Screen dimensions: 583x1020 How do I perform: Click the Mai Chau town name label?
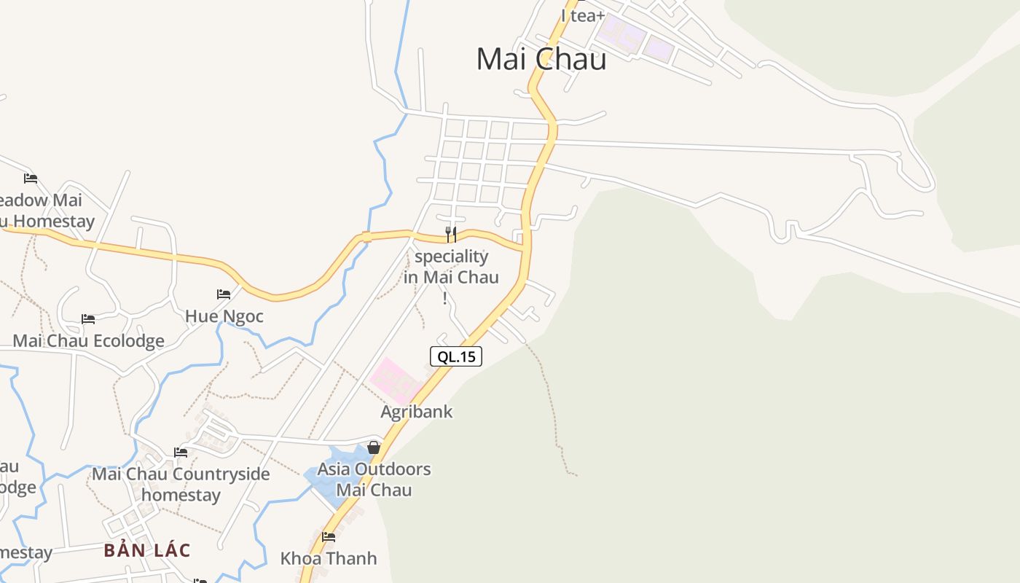pos(541,59)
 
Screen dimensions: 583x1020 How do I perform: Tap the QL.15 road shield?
pos(456,356)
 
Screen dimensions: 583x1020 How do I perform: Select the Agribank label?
pos(417,412)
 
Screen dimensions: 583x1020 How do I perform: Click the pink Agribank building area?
pos(394,379)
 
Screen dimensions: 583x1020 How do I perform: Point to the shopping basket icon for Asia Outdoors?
pos(374,447)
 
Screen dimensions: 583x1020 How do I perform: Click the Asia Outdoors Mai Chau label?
pos(374,480)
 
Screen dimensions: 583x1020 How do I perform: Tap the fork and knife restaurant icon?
pos(451,235)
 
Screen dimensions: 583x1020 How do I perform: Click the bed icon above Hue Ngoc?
pos(224,294)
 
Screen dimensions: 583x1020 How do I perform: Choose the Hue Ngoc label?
pos(224,316)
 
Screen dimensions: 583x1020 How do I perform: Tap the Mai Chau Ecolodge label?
pos(88,340)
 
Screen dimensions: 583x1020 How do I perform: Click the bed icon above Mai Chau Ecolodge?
pos(88,319)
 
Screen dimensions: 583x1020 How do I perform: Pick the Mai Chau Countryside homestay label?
pos(181,485)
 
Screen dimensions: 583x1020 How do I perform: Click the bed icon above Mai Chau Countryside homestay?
pos(181,453)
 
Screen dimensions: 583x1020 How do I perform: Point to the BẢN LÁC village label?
pos(146,550)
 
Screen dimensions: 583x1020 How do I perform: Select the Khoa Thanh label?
pos(329,559)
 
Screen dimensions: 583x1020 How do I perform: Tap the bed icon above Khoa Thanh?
pos(329,537)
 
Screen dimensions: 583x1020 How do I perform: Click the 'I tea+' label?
pos(583,15)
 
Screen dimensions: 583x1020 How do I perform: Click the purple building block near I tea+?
pos(621,34)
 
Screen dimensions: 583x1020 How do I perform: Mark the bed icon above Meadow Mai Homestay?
pos(30,178)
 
